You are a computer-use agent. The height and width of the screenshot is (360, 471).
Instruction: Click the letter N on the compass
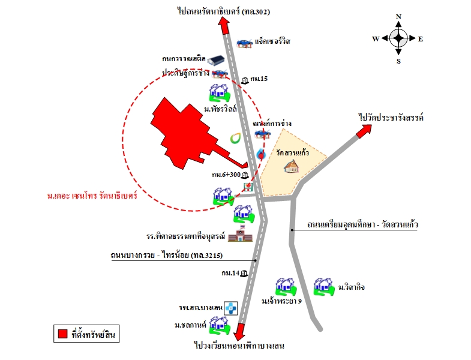tap(398, 17)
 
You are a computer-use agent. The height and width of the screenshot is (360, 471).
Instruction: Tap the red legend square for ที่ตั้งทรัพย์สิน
tap(62, 334)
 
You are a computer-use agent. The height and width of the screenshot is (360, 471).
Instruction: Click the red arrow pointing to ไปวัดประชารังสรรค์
tap(364, 130)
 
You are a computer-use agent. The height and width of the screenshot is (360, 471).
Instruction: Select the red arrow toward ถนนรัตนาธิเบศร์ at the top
tap(224, 26)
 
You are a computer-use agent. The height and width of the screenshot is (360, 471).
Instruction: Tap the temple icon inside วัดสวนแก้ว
tap(292, 166)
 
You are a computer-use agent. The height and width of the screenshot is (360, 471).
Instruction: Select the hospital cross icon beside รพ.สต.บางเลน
tap(231, 308)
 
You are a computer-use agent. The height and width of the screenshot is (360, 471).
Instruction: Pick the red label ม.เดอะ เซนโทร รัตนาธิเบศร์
tap(92, 196)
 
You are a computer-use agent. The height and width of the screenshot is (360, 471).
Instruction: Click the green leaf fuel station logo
tap(235, 137)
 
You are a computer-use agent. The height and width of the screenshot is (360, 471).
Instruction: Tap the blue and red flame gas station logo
tap(261, 154)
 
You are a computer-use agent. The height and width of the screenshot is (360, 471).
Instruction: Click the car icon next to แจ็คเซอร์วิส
tap(245, 43)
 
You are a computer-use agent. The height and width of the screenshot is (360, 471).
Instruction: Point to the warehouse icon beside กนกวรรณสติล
tap(215, 59)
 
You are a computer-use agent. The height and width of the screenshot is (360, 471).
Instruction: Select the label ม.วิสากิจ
tap(352, 287)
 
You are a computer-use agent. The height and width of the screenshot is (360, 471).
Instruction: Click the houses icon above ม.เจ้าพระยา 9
tap(286, 286)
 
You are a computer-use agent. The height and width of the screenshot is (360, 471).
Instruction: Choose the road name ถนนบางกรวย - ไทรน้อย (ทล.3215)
tap(167, 256)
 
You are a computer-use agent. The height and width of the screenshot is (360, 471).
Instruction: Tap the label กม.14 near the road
tap(230, 273)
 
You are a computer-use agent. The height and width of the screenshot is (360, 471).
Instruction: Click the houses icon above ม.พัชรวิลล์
tap(219, 93)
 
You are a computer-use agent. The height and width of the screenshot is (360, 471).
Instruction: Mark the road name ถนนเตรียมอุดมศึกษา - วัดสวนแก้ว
tap(362, 225)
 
